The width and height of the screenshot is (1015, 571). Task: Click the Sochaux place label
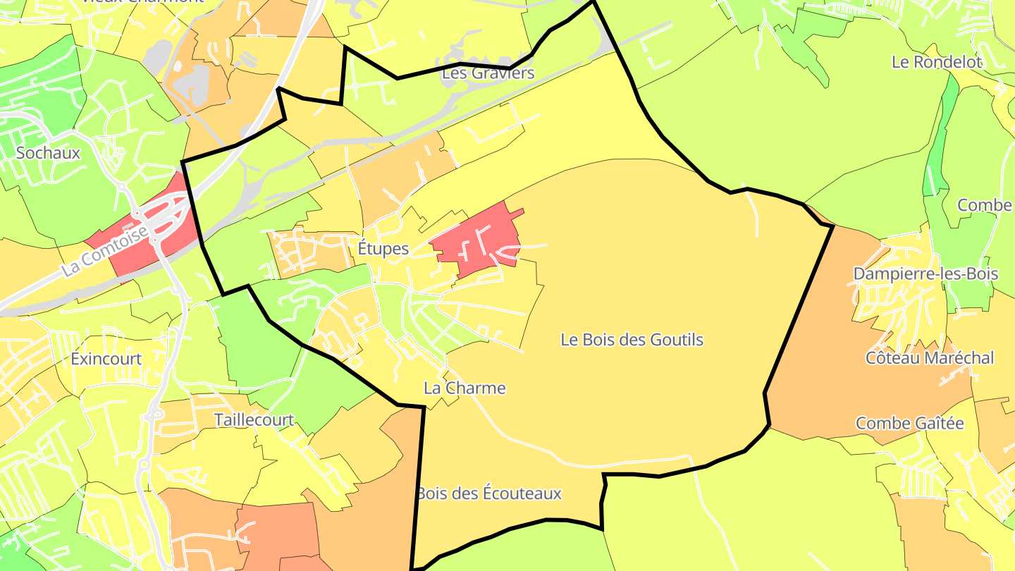point(48,153)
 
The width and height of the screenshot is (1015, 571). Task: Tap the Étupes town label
point(383,249)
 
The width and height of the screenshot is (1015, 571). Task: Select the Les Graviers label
point(488,73)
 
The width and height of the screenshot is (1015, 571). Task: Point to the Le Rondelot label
point(936,62)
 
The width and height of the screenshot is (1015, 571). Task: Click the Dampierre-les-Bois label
point(925,274)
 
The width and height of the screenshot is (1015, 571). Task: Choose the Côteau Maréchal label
point(929,358)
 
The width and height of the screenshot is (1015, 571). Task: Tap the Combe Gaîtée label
point(909,424)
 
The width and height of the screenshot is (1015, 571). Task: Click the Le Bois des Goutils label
point(632,340)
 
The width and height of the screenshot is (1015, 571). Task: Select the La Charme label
point(465,388)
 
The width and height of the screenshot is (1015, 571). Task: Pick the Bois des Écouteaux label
point(488,493)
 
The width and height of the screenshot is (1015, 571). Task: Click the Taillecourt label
point(254,420)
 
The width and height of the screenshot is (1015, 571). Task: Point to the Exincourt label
point(106,359)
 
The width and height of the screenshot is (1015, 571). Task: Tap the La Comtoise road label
point(104,251)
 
